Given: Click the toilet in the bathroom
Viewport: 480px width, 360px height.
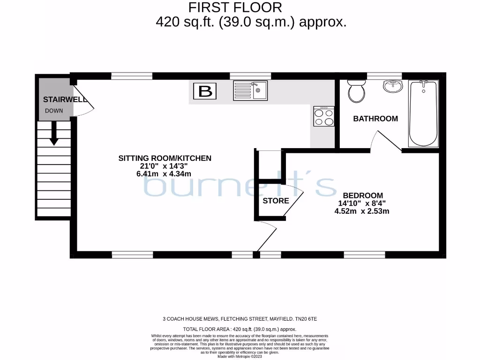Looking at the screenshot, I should click(357, 91).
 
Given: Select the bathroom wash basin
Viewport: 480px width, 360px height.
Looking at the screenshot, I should click(392, 86).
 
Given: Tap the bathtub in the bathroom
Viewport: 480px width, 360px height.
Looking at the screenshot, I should click(423, 113).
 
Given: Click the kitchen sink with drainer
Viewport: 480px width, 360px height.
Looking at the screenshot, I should click(250, 90).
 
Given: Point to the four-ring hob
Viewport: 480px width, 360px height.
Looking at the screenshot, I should click(324, 116).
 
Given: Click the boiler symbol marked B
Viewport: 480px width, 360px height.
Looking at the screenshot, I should click(205, 91).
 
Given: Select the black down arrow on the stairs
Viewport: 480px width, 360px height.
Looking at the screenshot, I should click(54, 133).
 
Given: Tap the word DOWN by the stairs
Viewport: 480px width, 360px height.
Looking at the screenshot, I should click(54, 111).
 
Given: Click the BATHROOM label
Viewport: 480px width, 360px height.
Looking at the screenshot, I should click(375, 119).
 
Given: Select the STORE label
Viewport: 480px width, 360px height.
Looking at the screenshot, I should click(276, 201).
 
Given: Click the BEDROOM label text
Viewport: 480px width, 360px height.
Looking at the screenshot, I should click(362, 195).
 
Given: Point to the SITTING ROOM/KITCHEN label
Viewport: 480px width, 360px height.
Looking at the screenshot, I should click(165, 158).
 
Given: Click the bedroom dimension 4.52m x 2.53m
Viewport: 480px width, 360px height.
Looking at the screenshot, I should click(361, 211).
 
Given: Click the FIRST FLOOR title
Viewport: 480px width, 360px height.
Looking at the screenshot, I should click(235, 7).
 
